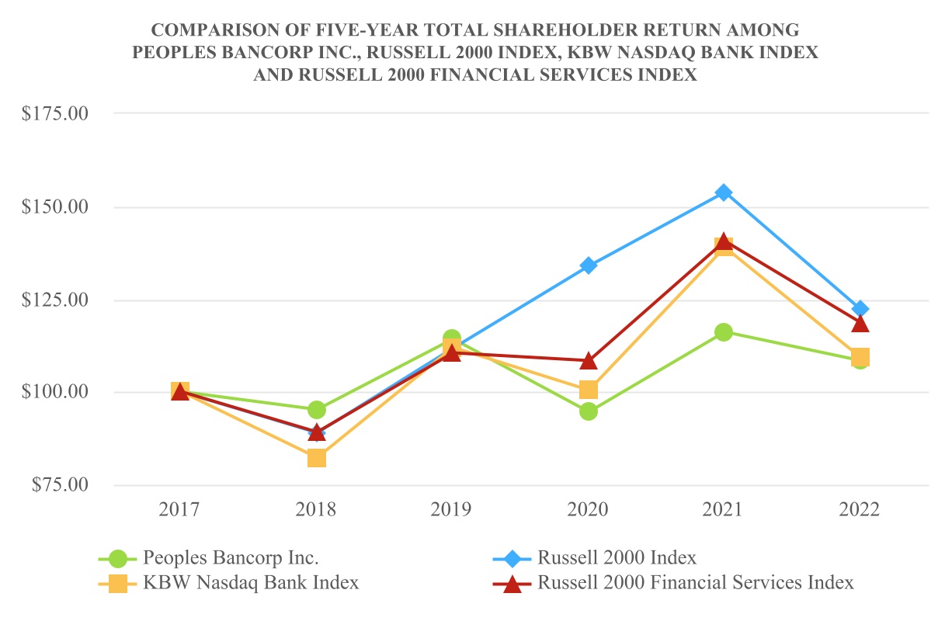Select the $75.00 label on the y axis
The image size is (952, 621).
click(x=60, y=485)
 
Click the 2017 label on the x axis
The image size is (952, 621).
click(x=179, y=510)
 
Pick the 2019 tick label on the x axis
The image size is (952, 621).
click(x=451, y=510)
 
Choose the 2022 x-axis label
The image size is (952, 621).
click(x=860, y=510)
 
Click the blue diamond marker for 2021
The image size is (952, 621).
click(x=724, y=193)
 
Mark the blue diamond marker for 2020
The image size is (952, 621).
click(x=589, y=265)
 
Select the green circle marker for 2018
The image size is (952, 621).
click(x=316, y=410)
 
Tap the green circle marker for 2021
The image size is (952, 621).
click(x=724, y=332)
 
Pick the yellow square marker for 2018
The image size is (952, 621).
click(x=316, y=458)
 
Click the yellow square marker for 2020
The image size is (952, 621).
click(x=589, y=390)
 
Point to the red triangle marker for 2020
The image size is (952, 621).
click(x=589, y=361)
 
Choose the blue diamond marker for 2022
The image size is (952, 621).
click(x=860, y=309)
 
